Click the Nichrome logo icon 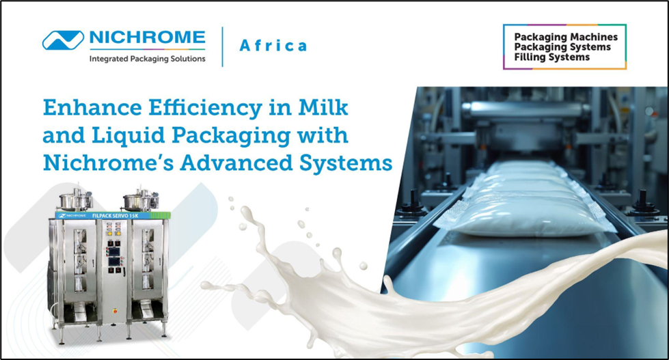pos(62,40)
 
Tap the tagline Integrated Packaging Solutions pos(147,59)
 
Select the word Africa pos(273,46)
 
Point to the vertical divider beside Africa pos(223,46)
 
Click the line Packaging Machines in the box pos(565,37)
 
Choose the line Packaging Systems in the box pos(562,47)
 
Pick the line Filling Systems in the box pos(551,57)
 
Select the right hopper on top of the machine pos(132,200)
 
